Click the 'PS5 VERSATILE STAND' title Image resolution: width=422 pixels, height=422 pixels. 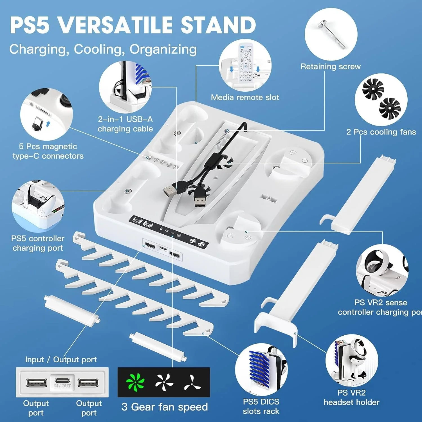pyautogui.click(x=133, y=25)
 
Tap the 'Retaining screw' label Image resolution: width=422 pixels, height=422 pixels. pyautogui.click(x=330, y=67)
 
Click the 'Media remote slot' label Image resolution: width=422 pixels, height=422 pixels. pyautogui.click(x=245, y=98)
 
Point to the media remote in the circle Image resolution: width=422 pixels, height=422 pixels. pyautogui.click(x=246, y=63)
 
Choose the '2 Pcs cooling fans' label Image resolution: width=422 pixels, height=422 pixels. pyautogui.click(x=381, y=132)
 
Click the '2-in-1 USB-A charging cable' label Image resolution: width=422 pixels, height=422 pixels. pyautogui.click(x=125, y=124)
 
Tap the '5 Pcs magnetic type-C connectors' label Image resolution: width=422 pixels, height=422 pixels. pyautogui.click(x=48, y=151)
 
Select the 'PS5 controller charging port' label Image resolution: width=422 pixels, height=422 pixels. pyautogui.click(x=38, y=243)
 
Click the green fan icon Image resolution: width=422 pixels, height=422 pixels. pyautogui.click(x=135, y=382)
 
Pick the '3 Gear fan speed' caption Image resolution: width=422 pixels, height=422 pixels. pyautogui.click(x=165, y=407)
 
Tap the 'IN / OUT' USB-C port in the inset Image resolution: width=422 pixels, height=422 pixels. pyautogui.click(x=62, y=382)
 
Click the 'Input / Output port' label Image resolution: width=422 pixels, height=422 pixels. pyautogui.click(x=61, y=360)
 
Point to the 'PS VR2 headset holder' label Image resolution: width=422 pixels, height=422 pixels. pyautogui.click(x=351, y=397)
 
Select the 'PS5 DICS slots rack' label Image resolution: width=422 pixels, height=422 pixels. pyautogui.click(x=261, y=407)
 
